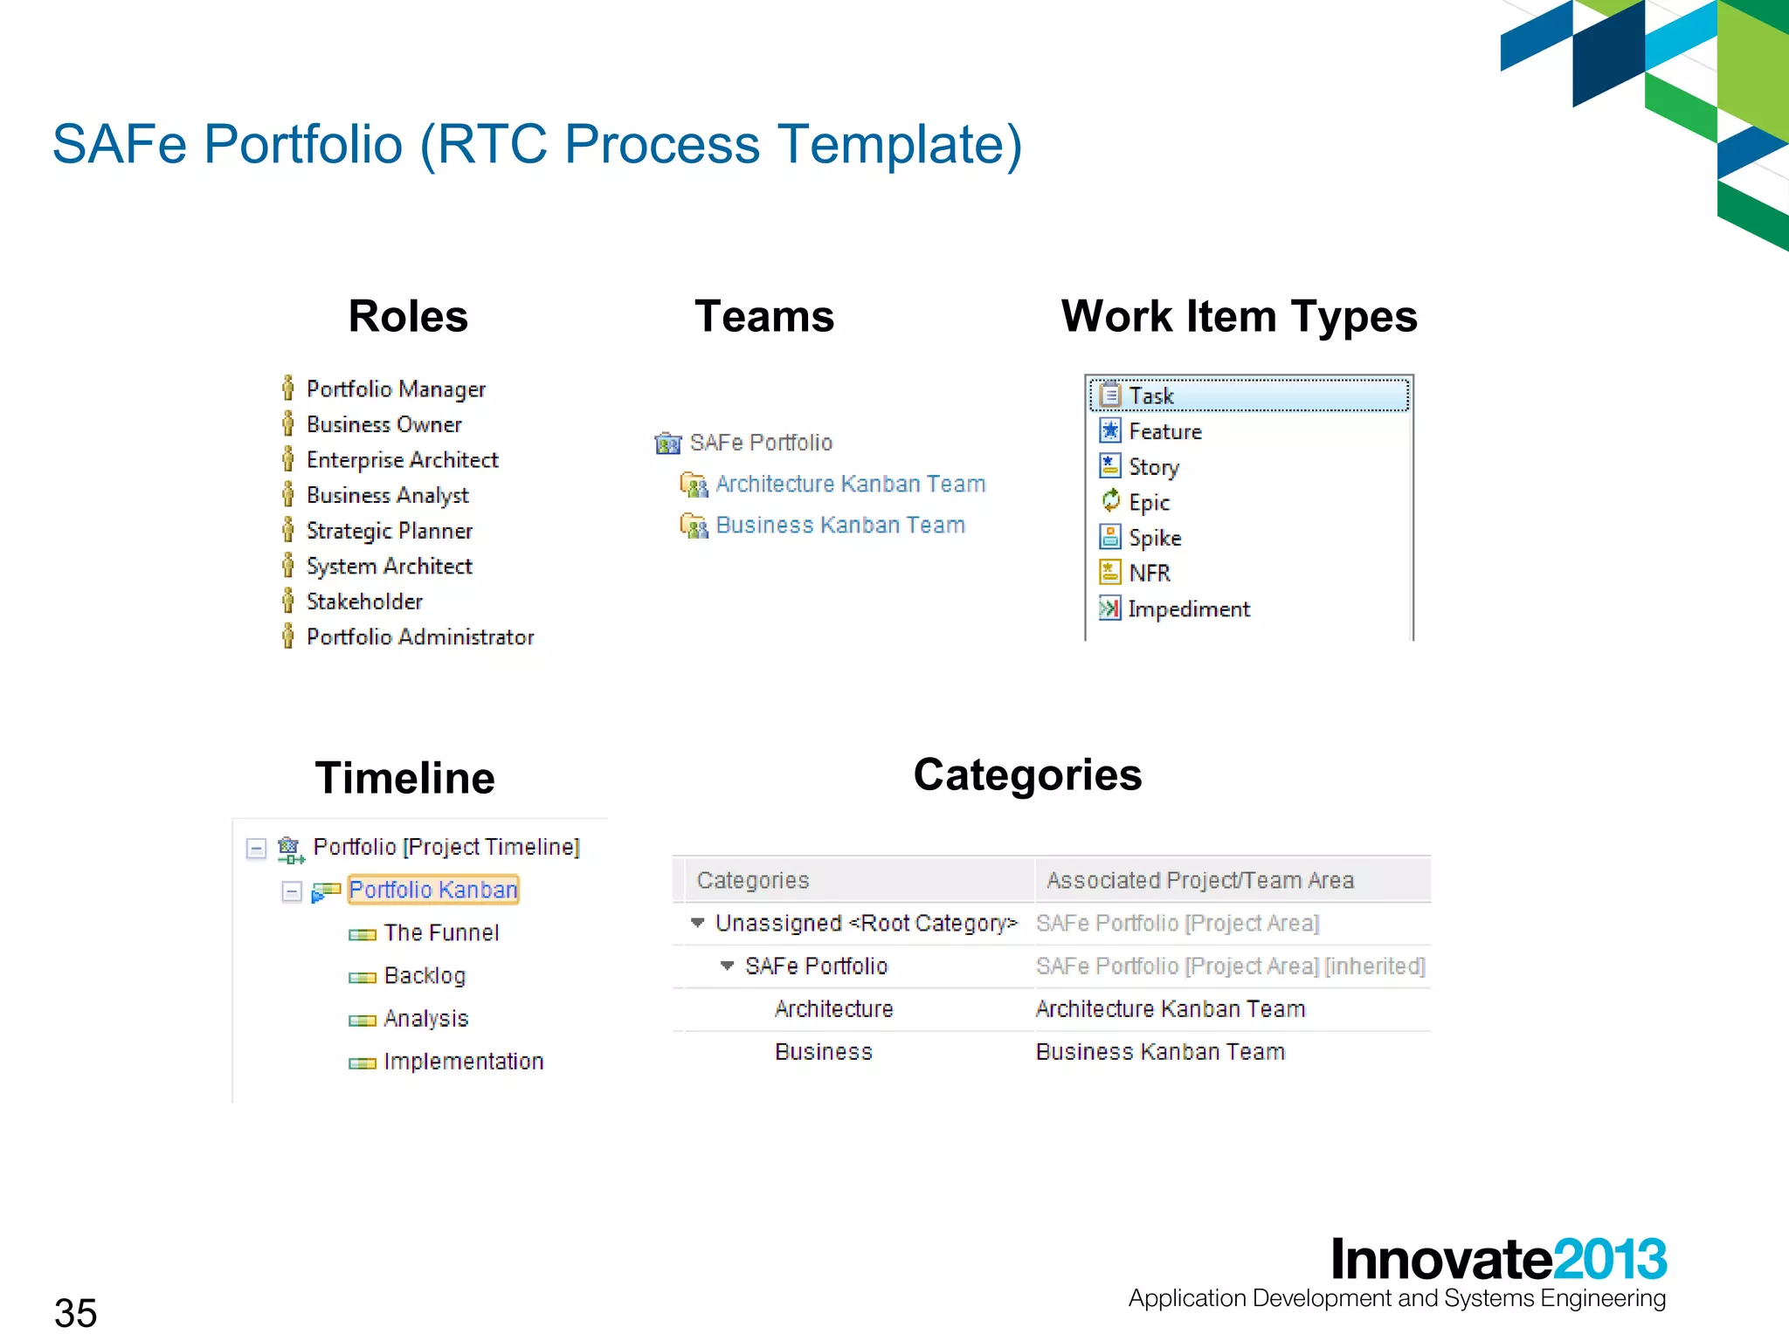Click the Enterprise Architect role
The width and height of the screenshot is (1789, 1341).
(x=402, y=460)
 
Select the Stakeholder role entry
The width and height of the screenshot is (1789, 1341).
(x=364, y=602)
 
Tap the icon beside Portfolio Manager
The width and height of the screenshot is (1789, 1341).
(x=287, y=389)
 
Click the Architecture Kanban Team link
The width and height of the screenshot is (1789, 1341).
(x=849, y=484)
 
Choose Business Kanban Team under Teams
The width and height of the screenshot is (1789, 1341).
(x=839, y=525)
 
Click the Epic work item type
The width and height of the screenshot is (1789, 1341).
(x=1148, y=503)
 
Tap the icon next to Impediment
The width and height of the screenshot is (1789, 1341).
(x=1109, y=609)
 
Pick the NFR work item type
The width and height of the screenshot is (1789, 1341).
(x=1148, y=574)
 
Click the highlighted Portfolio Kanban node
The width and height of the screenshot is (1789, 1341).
(x=433, y=890)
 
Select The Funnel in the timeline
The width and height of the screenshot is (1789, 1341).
(x=440, y=932)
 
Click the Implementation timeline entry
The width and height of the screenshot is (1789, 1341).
(x=463, y=1062)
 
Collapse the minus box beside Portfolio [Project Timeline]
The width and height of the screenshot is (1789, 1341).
(x=256, y=848)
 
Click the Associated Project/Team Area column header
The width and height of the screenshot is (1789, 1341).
(x=1199, y=880)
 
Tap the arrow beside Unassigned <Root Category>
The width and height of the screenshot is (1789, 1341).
(x=697, y=923)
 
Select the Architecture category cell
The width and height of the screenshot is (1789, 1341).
(x=833, y=1009)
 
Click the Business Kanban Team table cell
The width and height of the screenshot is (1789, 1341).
(x=1159, y=1052)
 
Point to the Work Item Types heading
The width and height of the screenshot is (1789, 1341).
(x=1238, y=316)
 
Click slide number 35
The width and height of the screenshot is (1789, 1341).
(x=76, y=1312)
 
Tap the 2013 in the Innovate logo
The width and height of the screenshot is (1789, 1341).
(x=1610, y=1259)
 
